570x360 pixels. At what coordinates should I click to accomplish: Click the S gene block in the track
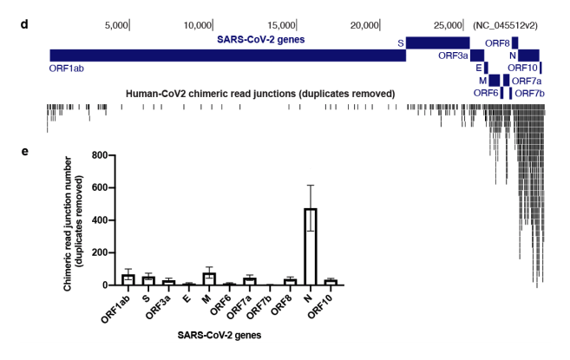coord(437,42)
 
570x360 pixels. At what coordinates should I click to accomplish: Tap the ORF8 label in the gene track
coord(496,42)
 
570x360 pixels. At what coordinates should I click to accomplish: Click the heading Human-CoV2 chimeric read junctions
coord(260,93)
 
